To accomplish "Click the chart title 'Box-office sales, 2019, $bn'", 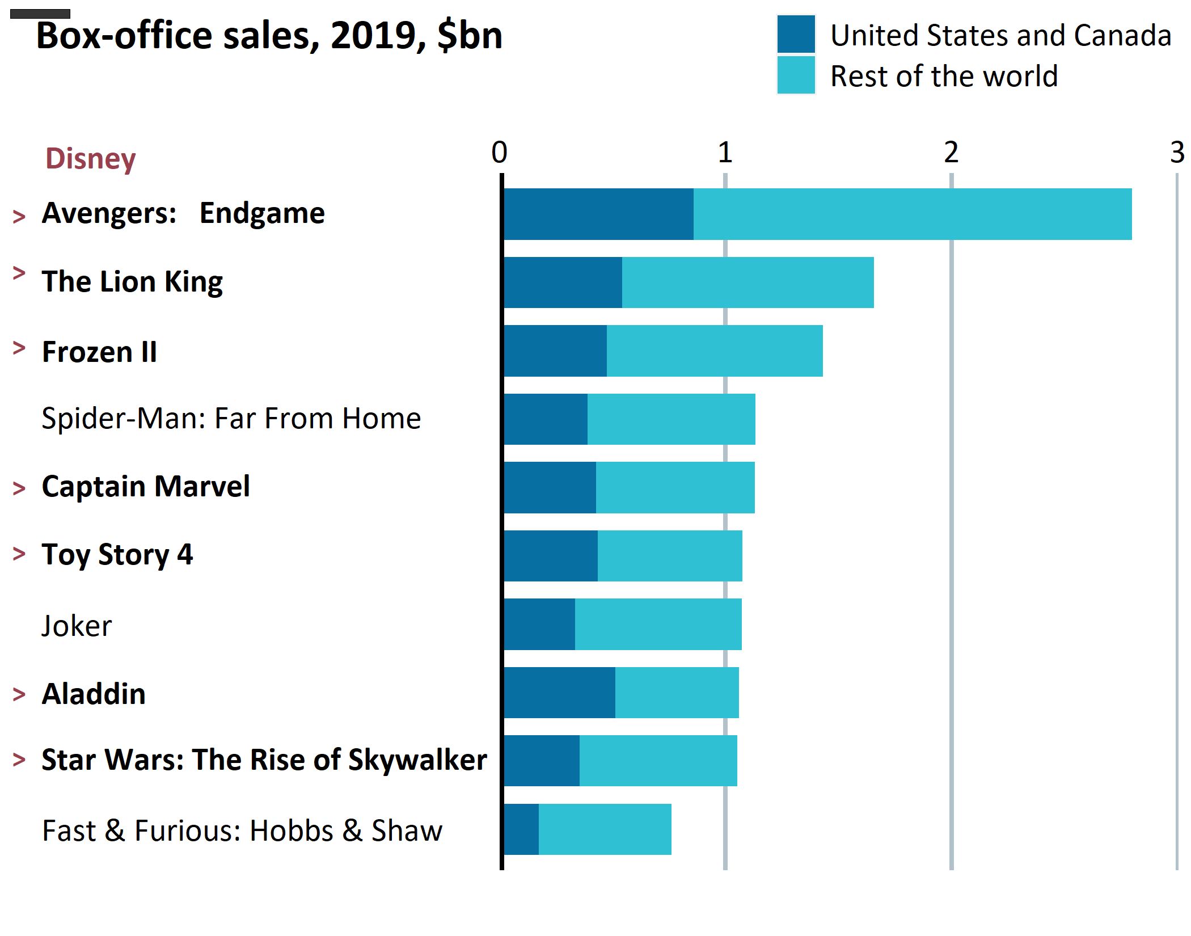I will point(269,36).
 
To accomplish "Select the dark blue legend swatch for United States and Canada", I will point(796,34).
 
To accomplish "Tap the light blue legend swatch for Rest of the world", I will point(796,75).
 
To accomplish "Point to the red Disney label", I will point(91,158).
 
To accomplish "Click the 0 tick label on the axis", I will point(499,152).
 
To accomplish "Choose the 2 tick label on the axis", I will point(951,152).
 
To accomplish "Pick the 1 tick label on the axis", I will point(725,152).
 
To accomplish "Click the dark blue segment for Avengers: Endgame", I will point(598,214).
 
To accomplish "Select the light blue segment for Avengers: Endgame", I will point(912,214).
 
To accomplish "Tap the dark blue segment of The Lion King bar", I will point(563,283).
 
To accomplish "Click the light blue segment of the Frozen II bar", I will point(715,351).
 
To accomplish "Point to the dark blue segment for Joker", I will point(539,624).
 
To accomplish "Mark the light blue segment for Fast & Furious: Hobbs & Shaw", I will point(605,829).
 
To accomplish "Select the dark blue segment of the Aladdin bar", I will point(559,693).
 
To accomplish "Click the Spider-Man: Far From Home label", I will point(231,419).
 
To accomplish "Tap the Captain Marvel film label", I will point(146,487).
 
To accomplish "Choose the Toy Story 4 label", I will point(117,555).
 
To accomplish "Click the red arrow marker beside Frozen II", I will point(19,348).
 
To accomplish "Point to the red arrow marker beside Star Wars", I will point(19,759).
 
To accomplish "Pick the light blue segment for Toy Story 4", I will point(670,556).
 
